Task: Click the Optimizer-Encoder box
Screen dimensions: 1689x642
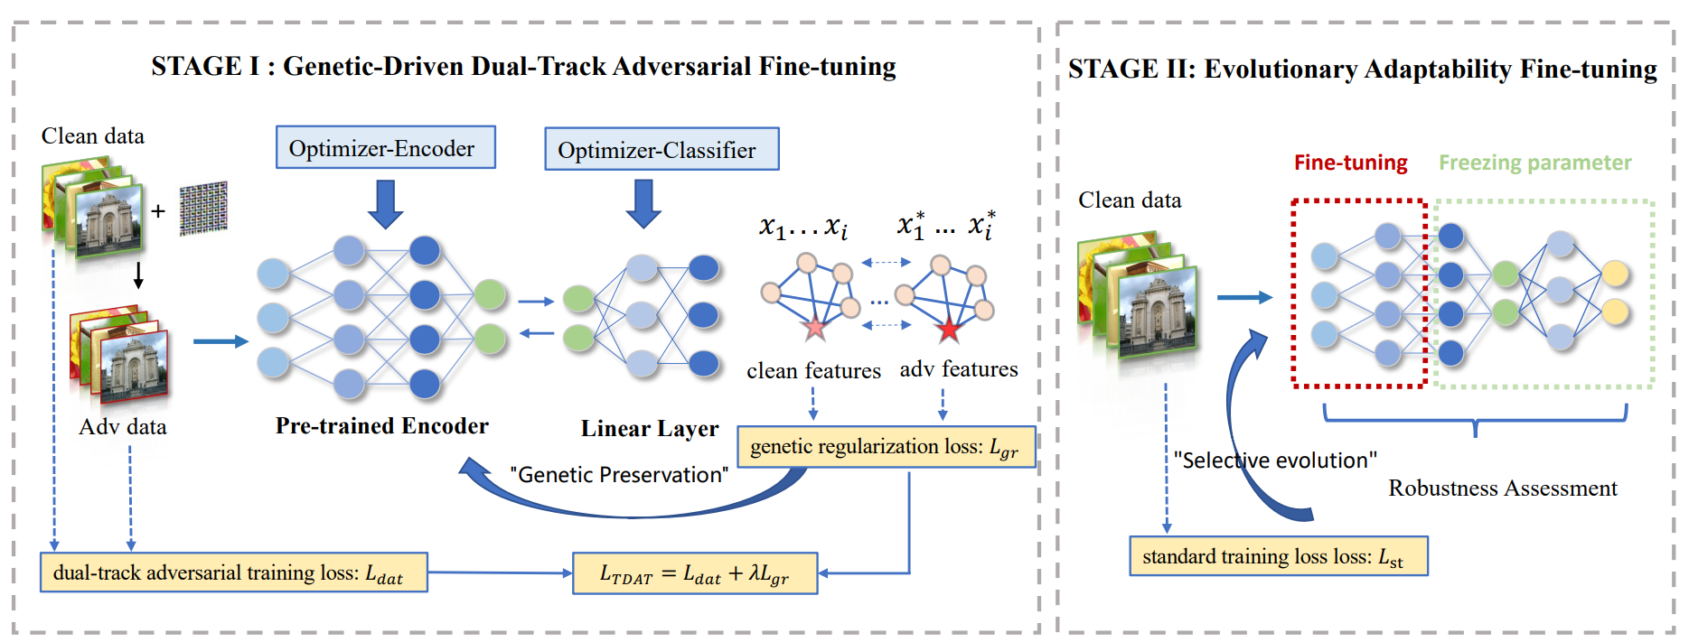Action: point(386,147)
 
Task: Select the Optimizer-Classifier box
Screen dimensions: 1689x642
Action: point(662,149)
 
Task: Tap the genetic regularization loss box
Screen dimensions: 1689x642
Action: point(887,447)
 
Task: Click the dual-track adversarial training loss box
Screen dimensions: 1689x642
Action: point(234,572)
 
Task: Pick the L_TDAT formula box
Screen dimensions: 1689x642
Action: point(695,573)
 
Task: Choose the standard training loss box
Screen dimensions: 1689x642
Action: point(1279,556)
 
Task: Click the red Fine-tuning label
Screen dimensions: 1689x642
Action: point(1350,163)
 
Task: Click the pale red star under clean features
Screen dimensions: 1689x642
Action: point(815,327)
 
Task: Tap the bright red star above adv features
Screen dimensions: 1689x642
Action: point(949,330)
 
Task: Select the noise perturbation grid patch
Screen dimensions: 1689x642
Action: point(203,209)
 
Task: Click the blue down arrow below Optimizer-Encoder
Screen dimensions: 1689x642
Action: point(386,203)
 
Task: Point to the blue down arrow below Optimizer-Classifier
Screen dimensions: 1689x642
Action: point(643,203)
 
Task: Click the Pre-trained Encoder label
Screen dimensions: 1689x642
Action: point(382,426)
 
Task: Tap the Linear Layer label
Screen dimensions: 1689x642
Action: point(650,429)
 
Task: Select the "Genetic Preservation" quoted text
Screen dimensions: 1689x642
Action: point(619,475)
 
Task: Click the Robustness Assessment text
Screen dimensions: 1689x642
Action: point(1503,488)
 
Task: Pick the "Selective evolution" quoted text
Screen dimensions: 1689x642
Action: point(1275,461)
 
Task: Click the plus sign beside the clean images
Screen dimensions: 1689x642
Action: point(158,211)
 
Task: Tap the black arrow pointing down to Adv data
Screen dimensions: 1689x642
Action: point(138,275)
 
